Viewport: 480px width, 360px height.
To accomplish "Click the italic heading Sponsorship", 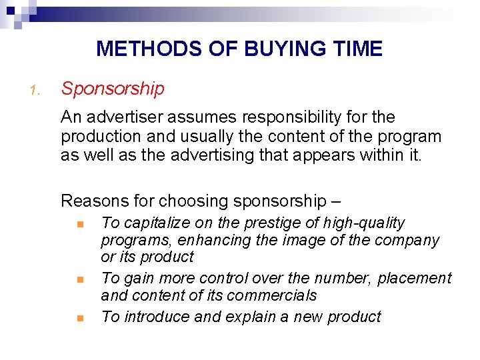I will coord(112,89).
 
